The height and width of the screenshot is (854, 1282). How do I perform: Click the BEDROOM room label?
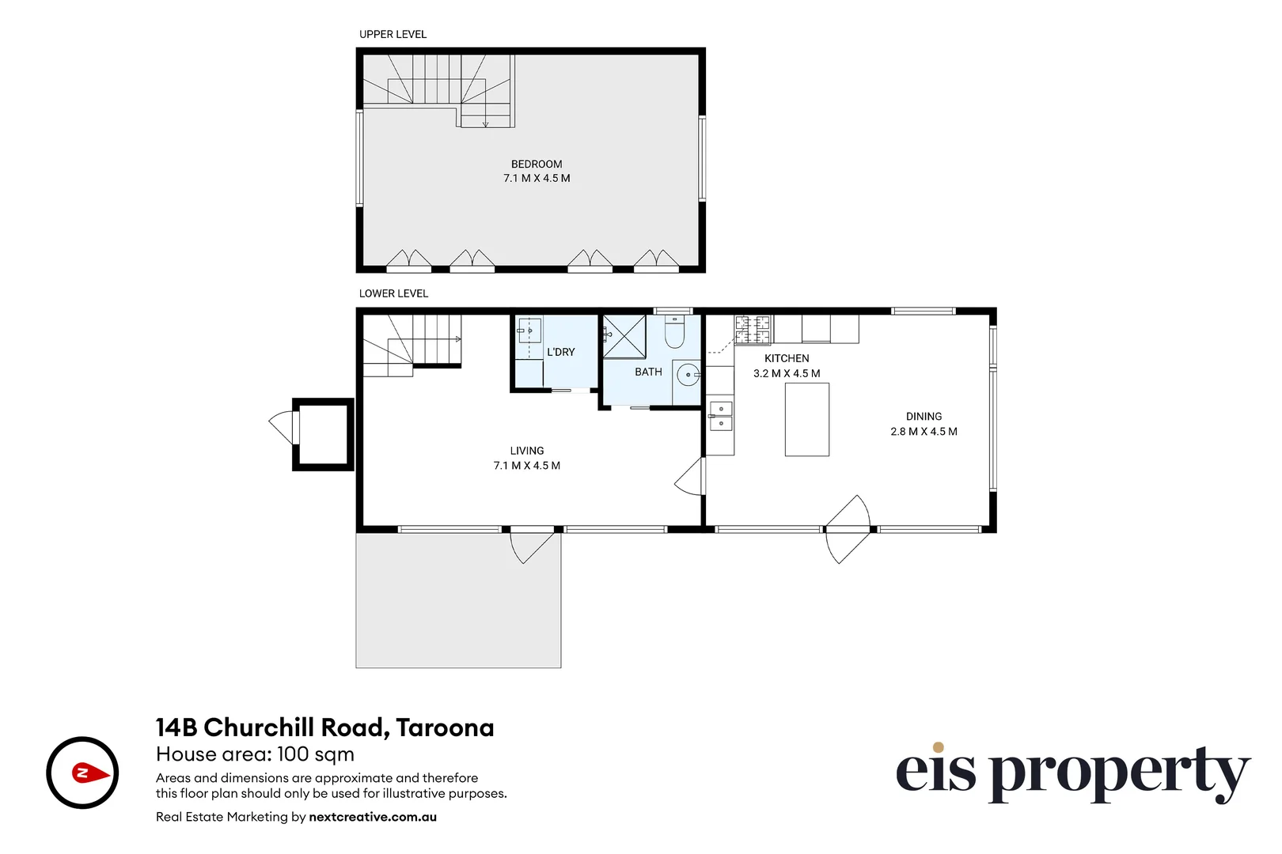tap(537, 164)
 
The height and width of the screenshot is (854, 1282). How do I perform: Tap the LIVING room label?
tap(526, 451)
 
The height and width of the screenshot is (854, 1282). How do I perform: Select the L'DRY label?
tap(560, 353)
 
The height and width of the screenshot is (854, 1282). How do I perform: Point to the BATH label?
tap(648, 372)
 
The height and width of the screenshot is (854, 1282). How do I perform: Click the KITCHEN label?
tap(787, 359)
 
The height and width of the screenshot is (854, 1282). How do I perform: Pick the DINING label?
tap(924, 417)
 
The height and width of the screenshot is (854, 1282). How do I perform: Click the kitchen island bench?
tap(806, 419)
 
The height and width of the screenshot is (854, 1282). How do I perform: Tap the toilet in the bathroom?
tap(674, 331)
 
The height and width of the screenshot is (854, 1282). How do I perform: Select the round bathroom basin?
tap(688, 376)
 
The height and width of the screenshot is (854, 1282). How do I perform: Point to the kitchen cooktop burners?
tap(753, 330)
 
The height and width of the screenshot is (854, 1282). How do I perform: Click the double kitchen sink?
tap(721, 416)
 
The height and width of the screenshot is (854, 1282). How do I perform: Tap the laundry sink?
tap(530, 331)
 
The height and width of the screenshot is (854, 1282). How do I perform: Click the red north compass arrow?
tap(91, 773)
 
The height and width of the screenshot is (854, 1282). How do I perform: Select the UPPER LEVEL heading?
tap(393, 34)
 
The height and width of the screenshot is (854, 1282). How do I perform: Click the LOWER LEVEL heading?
tap(393, 293)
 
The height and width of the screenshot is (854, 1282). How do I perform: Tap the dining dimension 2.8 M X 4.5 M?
tap(924, 431)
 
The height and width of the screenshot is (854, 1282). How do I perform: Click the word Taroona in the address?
tap(445, 727)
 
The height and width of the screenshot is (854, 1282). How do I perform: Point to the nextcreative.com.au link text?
tap(373, 817)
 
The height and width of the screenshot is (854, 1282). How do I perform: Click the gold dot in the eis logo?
tap(938, 747)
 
